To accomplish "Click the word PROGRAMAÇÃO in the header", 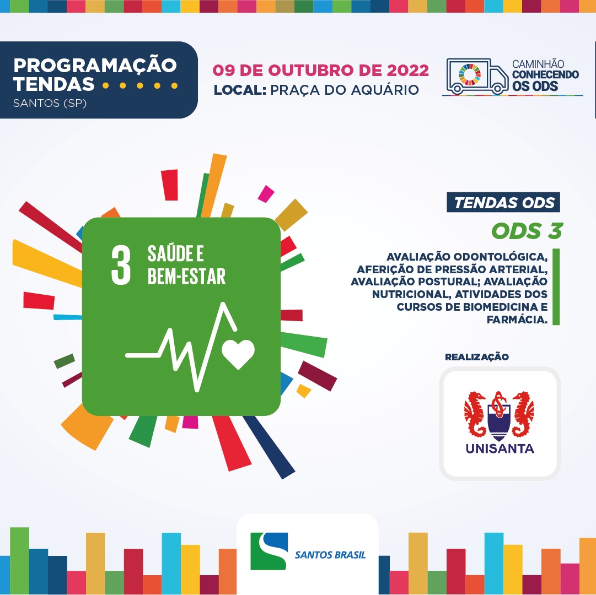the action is [95, 66].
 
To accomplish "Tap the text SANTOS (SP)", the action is [50, 103].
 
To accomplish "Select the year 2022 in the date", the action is [408, 71].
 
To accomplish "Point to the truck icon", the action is [477, 76].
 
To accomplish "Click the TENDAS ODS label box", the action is [503, 202].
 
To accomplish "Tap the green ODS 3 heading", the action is [527, 231].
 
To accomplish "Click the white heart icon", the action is [238, 354].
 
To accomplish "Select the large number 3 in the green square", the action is [121, 264].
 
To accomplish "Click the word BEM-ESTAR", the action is [186, 276].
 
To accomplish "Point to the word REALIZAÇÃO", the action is [477, 357].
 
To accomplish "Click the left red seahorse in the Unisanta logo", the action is [475, 414].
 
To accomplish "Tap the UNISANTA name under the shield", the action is [500, 448].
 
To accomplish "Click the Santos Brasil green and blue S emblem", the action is [269, 551].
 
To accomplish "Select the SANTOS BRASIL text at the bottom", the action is [330, 555].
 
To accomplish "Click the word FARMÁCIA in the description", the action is [517, 320].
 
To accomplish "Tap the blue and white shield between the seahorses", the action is [499, 421].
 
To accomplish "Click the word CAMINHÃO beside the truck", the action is [538, 64].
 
